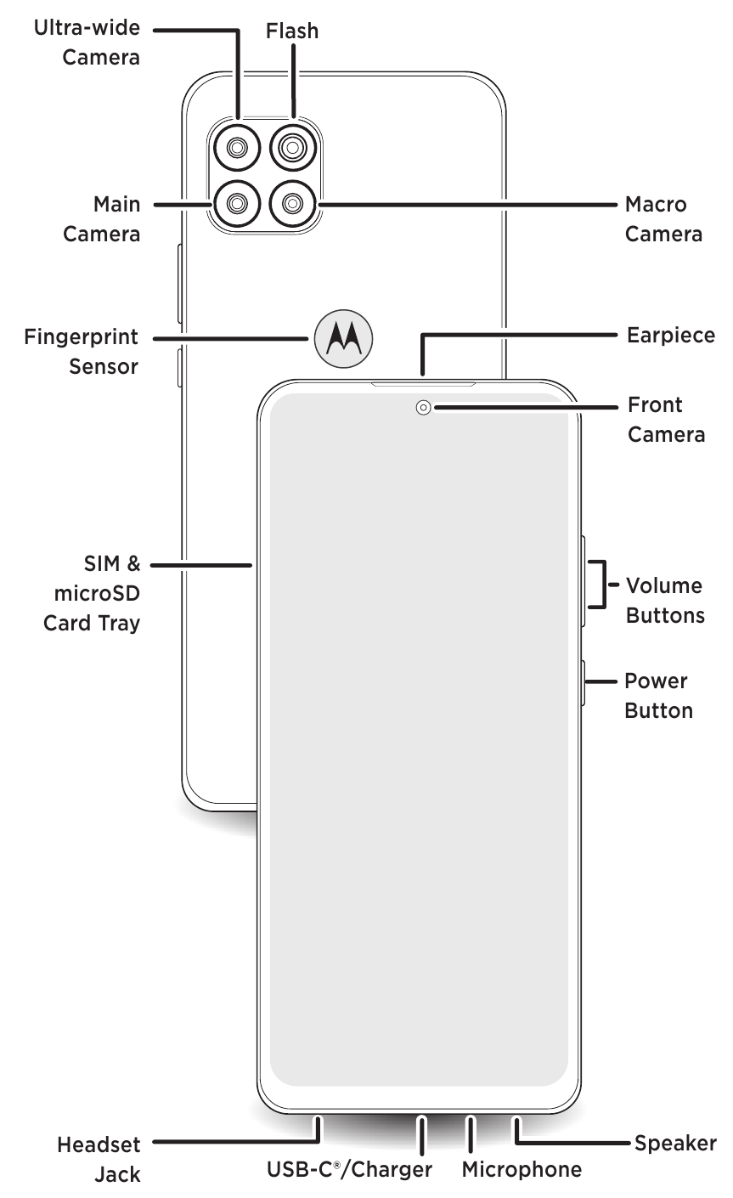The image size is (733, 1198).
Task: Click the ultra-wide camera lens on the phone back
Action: point(235,149)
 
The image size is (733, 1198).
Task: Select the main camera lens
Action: point(235,203)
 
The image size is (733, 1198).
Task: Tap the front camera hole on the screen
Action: point(423,408)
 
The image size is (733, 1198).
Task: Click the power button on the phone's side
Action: point(584,681)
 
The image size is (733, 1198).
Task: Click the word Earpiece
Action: point(670,335)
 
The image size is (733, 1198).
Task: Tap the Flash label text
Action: point(292,31)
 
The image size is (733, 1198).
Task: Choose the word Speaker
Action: point(675,1143)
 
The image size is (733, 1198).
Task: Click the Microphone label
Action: point(522,1170)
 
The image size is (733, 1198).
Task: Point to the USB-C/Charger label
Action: point(349,1170)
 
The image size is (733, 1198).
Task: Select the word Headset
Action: point(99,1145)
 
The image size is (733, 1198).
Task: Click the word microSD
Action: point(92,593)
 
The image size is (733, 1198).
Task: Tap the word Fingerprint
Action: point(81,337)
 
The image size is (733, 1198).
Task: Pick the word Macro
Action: point(656,205)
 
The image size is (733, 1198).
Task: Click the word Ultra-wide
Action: point(87,28)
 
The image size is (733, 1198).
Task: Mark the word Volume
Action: point(663,585)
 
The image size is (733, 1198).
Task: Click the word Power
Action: point(656,681)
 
